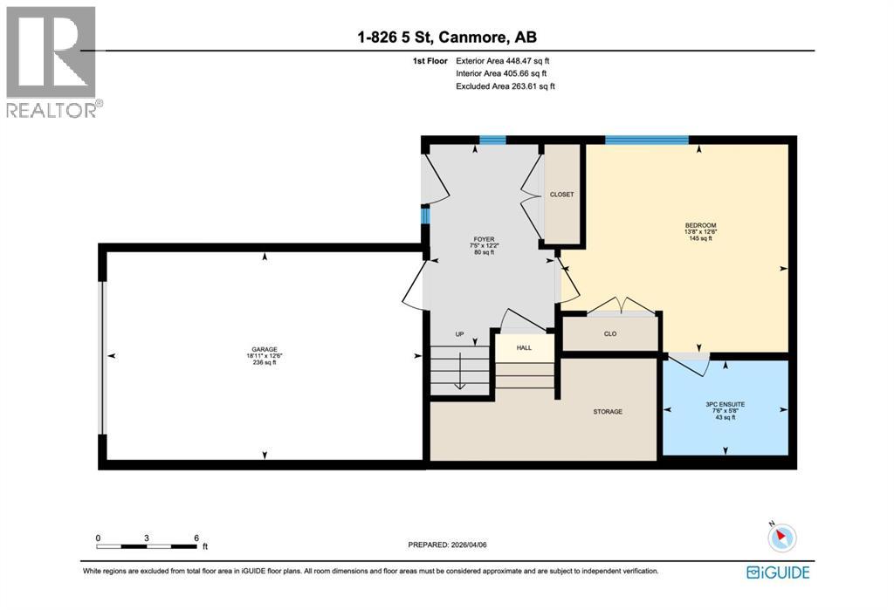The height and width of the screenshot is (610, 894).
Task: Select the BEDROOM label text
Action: (x=700, y=225)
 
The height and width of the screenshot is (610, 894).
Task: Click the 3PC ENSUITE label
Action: (x=726, y=405)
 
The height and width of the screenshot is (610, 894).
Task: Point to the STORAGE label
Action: (x=608, y=411)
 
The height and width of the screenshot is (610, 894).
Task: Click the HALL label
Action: (x=524, y=347)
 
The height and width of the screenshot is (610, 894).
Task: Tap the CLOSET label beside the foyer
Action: (x=561, y=195)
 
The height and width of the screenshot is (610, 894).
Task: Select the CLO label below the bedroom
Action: (x=610, y=333)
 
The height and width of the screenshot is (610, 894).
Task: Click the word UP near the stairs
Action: (x=459, y=334)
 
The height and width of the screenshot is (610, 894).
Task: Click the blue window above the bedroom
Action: (x=647, y=140)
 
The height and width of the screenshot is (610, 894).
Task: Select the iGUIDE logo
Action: (x=778, y=572)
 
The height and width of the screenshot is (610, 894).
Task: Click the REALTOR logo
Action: (x=52, y=61)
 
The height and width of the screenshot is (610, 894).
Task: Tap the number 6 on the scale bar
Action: (x=197, y=538)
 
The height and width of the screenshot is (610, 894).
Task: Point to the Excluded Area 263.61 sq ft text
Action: (x=505, y=86)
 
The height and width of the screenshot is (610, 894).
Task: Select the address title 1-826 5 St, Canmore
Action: (x=446, y=37)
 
